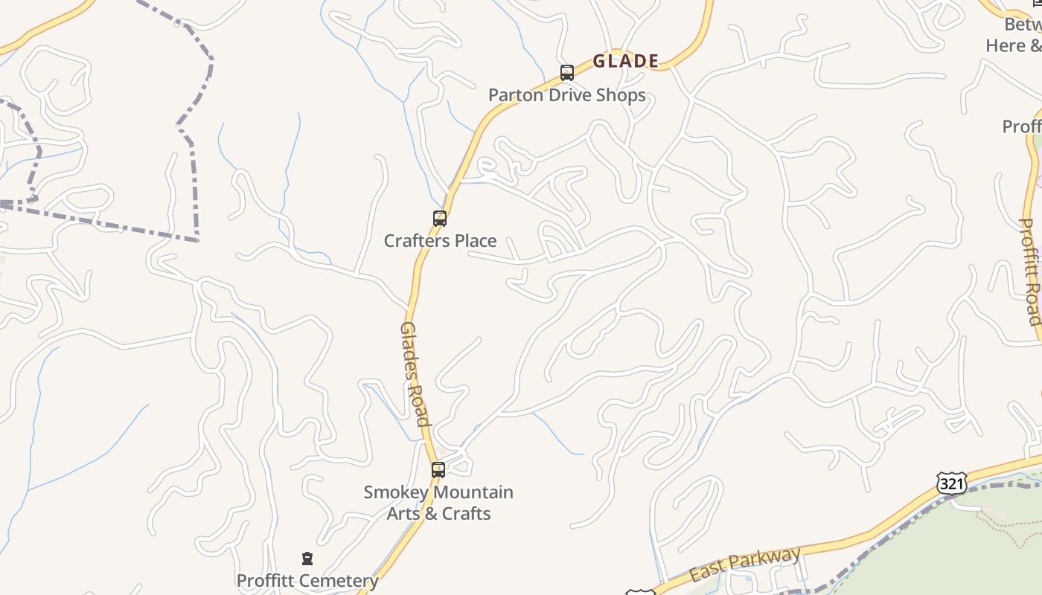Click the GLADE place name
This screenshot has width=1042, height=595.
626,61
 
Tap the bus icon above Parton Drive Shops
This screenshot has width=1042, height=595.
567,73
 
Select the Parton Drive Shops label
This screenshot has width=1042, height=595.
566,95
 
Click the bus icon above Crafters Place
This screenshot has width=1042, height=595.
440,219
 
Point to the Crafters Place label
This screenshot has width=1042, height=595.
440,240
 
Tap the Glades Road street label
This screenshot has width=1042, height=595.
415,374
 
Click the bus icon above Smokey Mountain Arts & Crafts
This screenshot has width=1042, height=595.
438,470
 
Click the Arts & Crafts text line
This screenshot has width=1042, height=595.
438,513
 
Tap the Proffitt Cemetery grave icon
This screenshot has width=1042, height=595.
307,559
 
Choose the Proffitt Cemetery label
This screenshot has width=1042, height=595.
307,580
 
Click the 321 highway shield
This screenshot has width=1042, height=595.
952,484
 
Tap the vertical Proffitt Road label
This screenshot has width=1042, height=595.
1029,271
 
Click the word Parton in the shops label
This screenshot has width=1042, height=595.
513,95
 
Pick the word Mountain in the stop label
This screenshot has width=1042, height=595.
472,492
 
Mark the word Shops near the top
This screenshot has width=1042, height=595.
621,95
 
